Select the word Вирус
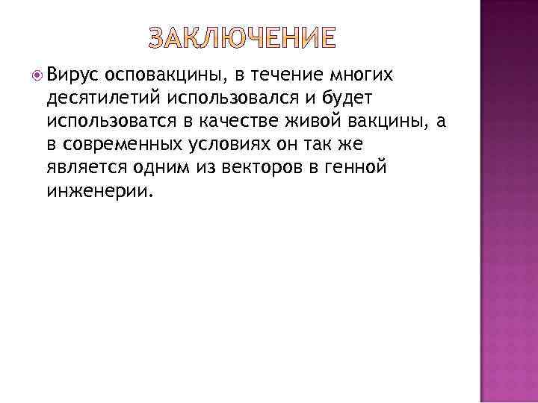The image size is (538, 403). (72, 74)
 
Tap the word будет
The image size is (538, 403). (358, 98)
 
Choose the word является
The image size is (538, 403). (85, 167)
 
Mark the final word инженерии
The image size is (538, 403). (98, 190)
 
